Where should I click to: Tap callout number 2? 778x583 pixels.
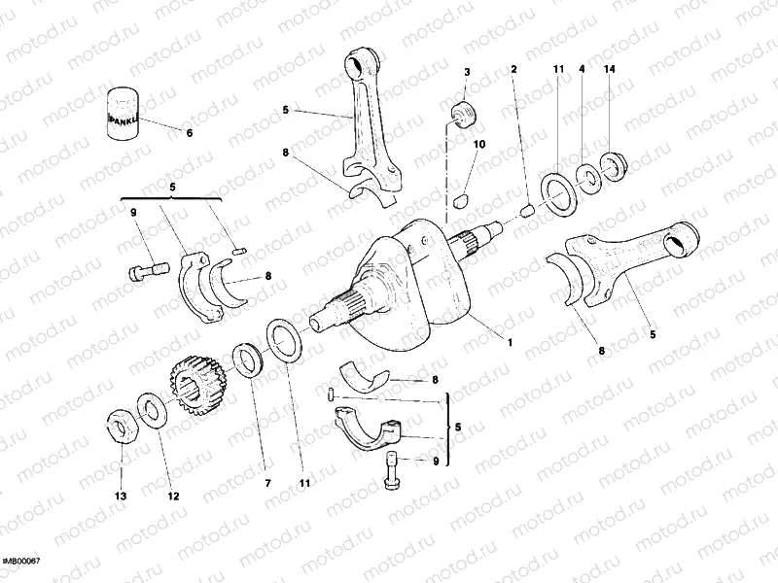tap(513, 69)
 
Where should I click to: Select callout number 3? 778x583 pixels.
tap(467, 73)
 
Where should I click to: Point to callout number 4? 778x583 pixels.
tap(582, 69)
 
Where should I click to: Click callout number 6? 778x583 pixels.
tap(189, 132)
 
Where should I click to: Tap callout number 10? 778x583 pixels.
tap(478, 145)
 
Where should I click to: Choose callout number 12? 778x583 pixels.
tap(173, 496)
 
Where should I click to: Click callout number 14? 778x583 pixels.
tap(609, 69)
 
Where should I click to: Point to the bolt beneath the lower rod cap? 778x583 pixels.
tap(393, 470)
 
